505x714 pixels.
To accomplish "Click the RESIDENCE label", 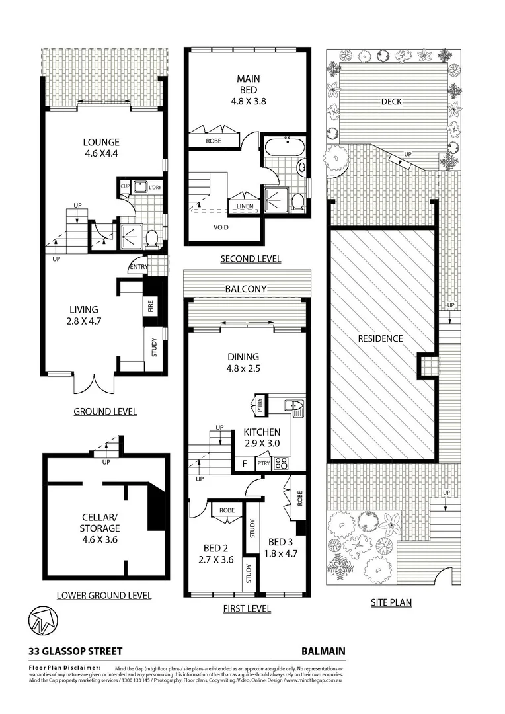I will pos(380,338).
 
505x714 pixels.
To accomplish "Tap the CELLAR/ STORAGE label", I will pos(100,522).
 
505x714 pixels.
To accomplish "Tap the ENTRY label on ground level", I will pos(139,266).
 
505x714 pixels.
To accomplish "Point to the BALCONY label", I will pos(245,289).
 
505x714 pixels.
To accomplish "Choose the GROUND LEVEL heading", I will pos(105,411).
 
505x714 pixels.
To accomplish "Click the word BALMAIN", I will pos(323,651).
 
